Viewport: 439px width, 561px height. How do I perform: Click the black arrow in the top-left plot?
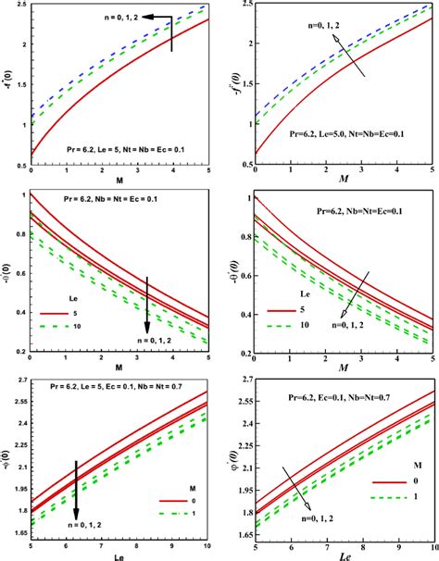[x=171, y=28]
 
